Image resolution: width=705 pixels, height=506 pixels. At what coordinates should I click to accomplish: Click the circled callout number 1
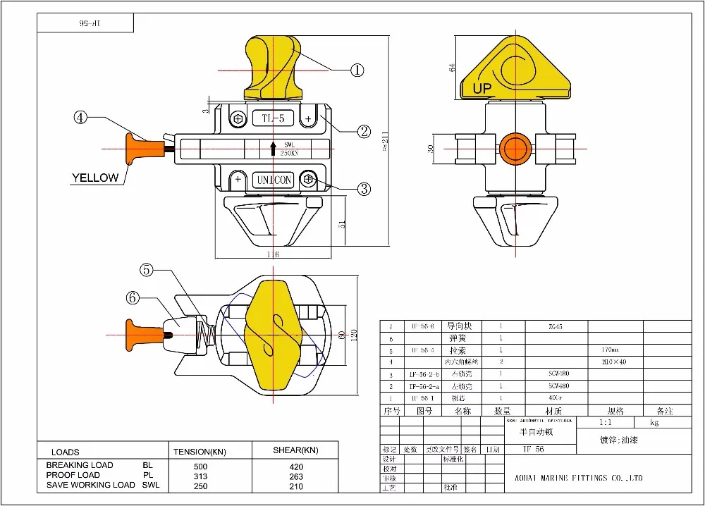tap(357, 70)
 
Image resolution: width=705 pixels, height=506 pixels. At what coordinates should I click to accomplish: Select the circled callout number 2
tap(364, 130)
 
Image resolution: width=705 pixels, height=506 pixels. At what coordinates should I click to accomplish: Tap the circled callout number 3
tap(364, 188)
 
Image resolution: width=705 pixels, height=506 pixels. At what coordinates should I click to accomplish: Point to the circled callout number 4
tap(81, 118)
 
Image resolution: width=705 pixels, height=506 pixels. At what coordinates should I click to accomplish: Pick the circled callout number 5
tap(146, 269)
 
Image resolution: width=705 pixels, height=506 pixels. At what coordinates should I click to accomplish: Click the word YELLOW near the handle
tap(95, 178)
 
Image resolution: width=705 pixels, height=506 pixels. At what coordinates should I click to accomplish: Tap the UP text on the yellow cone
tap(482, 89)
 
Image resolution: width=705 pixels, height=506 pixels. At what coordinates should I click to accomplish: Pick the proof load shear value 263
tap(296, 476)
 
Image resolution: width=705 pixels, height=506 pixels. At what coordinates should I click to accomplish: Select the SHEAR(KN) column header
tap(295, 450)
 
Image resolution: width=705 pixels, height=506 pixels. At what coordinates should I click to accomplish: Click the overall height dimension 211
tap(385, 141)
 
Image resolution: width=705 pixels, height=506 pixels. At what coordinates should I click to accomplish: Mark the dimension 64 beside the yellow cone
tap(453, 68)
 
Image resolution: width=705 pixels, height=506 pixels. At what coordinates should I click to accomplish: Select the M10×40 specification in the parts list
tap(614, 362)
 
